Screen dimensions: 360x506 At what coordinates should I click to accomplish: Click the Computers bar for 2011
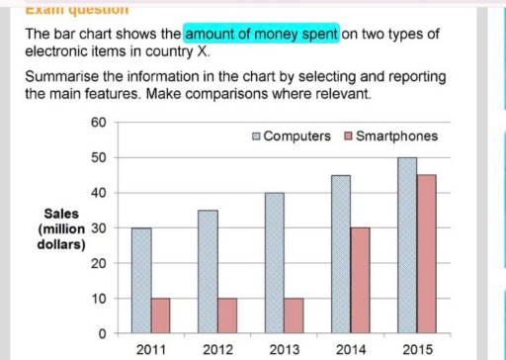tap(141, 281)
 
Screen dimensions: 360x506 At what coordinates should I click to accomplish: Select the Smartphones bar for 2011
tap(161, 315)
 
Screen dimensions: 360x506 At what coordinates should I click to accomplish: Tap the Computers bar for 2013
tap(276, 263)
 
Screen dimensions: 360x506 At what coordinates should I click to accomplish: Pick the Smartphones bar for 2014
tap(361, 281)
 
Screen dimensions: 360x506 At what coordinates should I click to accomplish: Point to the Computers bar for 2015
tap(407, 245)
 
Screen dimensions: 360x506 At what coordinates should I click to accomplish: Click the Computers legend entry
tap(294, 135)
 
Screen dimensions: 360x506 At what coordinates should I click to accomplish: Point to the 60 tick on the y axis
tap(97, 123)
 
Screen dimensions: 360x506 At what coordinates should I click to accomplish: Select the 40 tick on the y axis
tap(97, 193)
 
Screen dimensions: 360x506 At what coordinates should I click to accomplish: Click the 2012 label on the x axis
tap(217, 349)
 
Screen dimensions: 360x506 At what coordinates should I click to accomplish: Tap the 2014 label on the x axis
tap(351, 349)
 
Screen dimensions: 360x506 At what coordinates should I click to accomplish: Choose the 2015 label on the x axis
tap(417, 349)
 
